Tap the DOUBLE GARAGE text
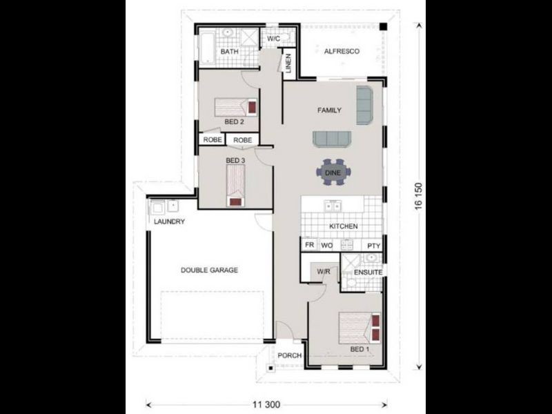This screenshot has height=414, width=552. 210,270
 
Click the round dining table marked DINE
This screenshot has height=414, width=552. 333,172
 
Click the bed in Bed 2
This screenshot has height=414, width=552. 235,107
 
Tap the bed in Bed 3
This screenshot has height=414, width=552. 236,188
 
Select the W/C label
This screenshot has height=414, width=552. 273,39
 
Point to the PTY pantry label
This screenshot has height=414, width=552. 373,245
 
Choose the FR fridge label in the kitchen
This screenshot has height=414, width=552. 309,245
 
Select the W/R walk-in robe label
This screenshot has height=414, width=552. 323,273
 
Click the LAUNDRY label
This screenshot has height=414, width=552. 169,221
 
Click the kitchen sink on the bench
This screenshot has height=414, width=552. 333,205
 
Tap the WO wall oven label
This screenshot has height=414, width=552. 327,245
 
